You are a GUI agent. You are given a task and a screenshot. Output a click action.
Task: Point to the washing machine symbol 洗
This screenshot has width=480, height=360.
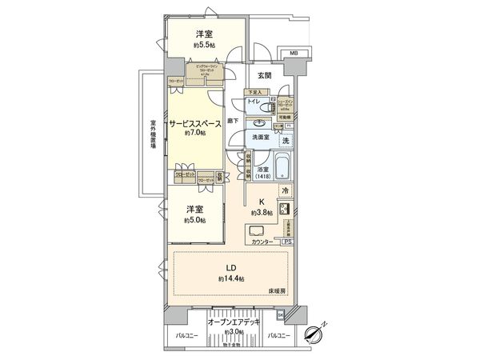[286, 140]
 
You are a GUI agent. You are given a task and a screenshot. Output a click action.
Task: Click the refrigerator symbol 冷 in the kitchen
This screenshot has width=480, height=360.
[286, 190]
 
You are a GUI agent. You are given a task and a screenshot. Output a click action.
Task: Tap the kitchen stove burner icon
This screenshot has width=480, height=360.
[286, 208]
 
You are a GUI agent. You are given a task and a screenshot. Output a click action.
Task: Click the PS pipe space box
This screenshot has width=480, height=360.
[286, 241]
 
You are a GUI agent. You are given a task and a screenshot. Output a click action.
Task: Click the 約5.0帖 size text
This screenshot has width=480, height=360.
[193, 220]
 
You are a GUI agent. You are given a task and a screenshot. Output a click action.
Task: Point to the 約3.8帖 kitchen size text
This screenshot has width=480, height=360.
[261, 213]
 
